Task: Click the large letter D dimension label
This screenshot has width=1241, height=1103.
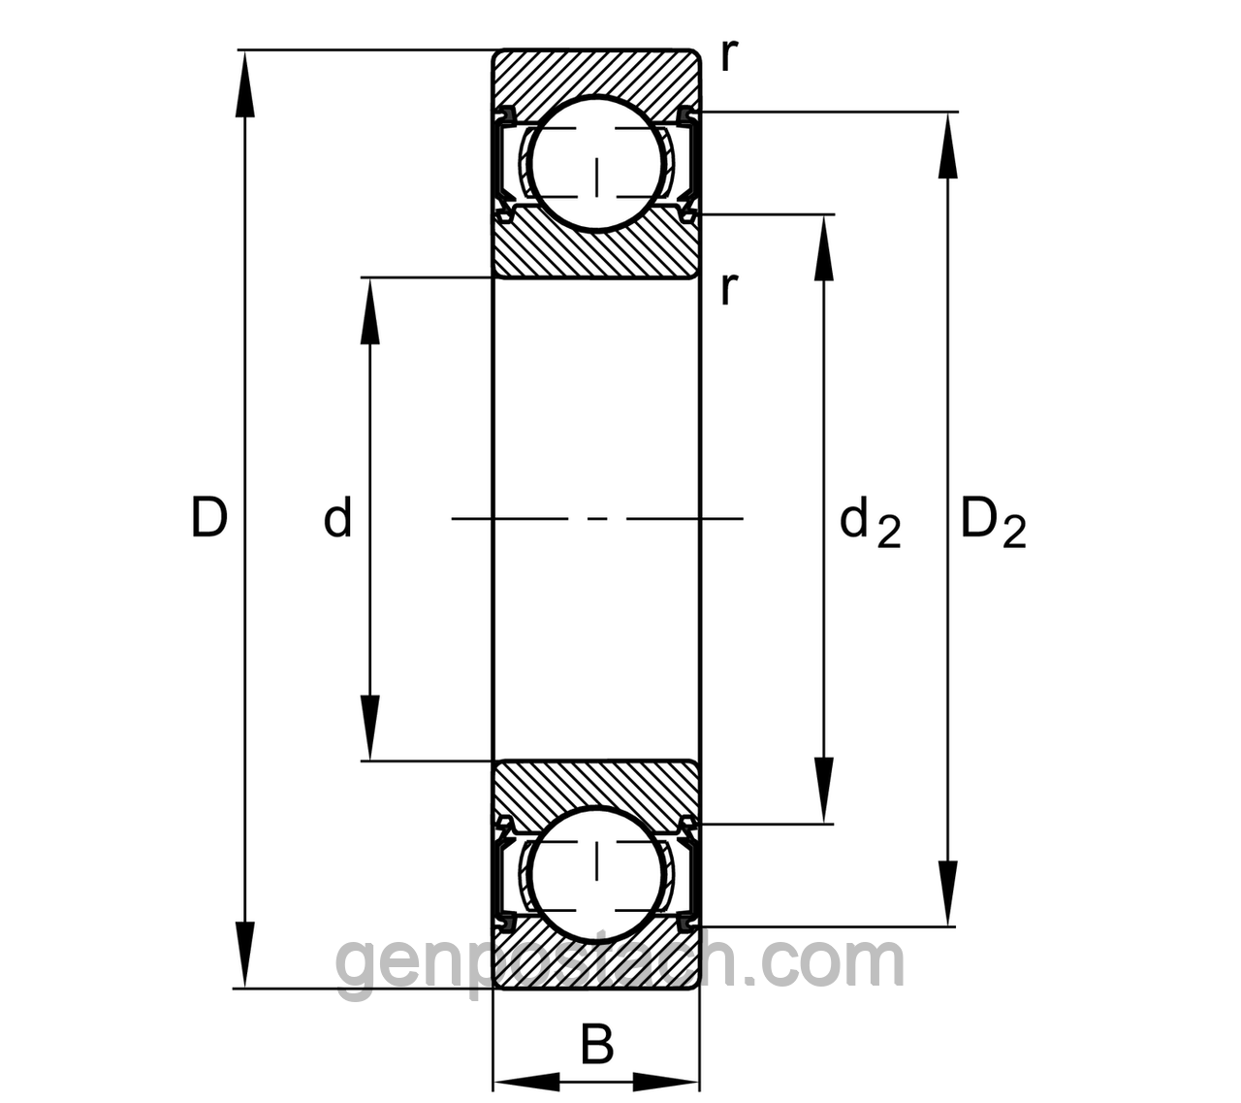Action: tap(209, 517)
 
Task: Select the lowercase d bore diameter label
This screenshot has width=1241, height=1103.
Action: tap(337, 516)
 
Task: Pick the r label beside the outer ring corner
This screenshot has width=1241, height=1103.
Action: tap(729, 56)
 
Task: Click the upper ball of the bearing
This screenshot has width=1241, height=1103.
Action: tap(596, 163)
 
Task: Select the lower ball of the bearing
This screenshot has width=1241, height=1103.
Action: tap(596, 874)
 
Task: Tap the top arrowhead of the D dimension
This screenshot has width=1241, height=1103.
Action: tap(245, 82)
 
